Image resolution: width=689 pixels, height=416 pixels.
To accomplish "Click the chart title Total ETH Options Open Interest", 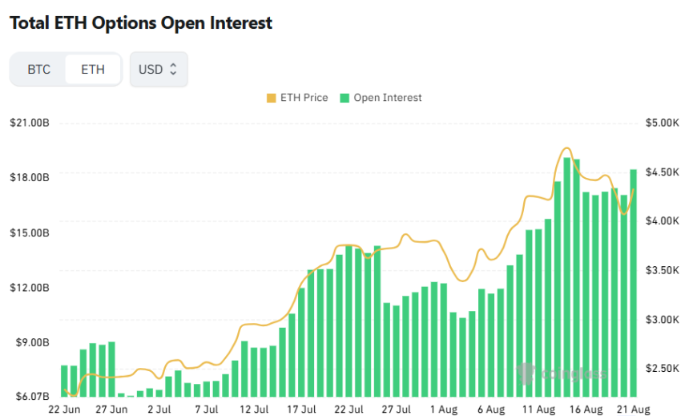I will click(x=141, y=23).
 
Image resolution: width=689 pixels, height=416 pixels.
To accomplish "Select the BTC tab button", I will click(x=38, y=70).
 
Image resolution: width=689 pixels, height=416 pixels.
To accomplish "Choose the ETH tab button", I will click(x=93, y=70).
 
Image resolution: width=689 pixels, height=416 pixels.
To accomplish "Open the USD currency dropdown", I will click(x=159, y=70).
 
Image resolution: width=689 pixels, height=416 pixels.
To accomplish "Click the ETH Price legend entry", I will click(x=297, y=98).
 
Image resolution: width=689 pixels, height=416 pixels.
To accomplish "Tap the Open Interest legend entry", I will click(x=381, y=98).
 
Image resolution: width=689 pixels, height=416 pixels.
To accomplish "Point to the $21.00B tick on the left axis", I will click(x=30, y=123).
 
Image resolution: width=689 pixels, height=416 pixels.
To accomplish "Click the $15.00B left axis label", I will click(x=30, y=232).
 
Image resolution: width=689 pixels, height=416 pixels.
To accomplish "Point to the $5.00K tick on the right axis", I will click(x=662, y=123).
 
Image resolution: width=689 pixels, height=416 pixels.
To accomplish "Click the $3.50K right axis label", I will click(x=662, y=270).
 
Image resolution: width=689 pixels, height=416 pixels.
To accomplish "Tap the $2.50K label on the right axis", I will click(x=662, y=369).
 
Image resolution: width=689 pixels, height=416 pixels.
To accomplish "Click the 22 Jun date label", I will click(x=64, y=410).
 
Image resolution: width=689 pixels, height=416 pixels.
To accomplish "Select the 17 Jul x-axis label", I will click(x=301, y=410).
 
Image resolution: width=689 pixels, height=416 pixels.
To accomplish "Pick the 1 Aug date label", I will click(x=443, y=410).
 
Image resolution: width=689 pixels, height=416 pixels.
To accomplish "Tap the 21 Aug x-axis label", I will click(x=633, y=410).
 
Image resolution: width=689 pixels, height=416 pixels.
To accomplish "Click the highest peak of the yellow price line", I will click(x=567, y=148).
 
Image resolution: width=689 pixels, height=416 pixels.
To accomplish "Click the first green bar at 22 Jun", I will click(x=65, y=381).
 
